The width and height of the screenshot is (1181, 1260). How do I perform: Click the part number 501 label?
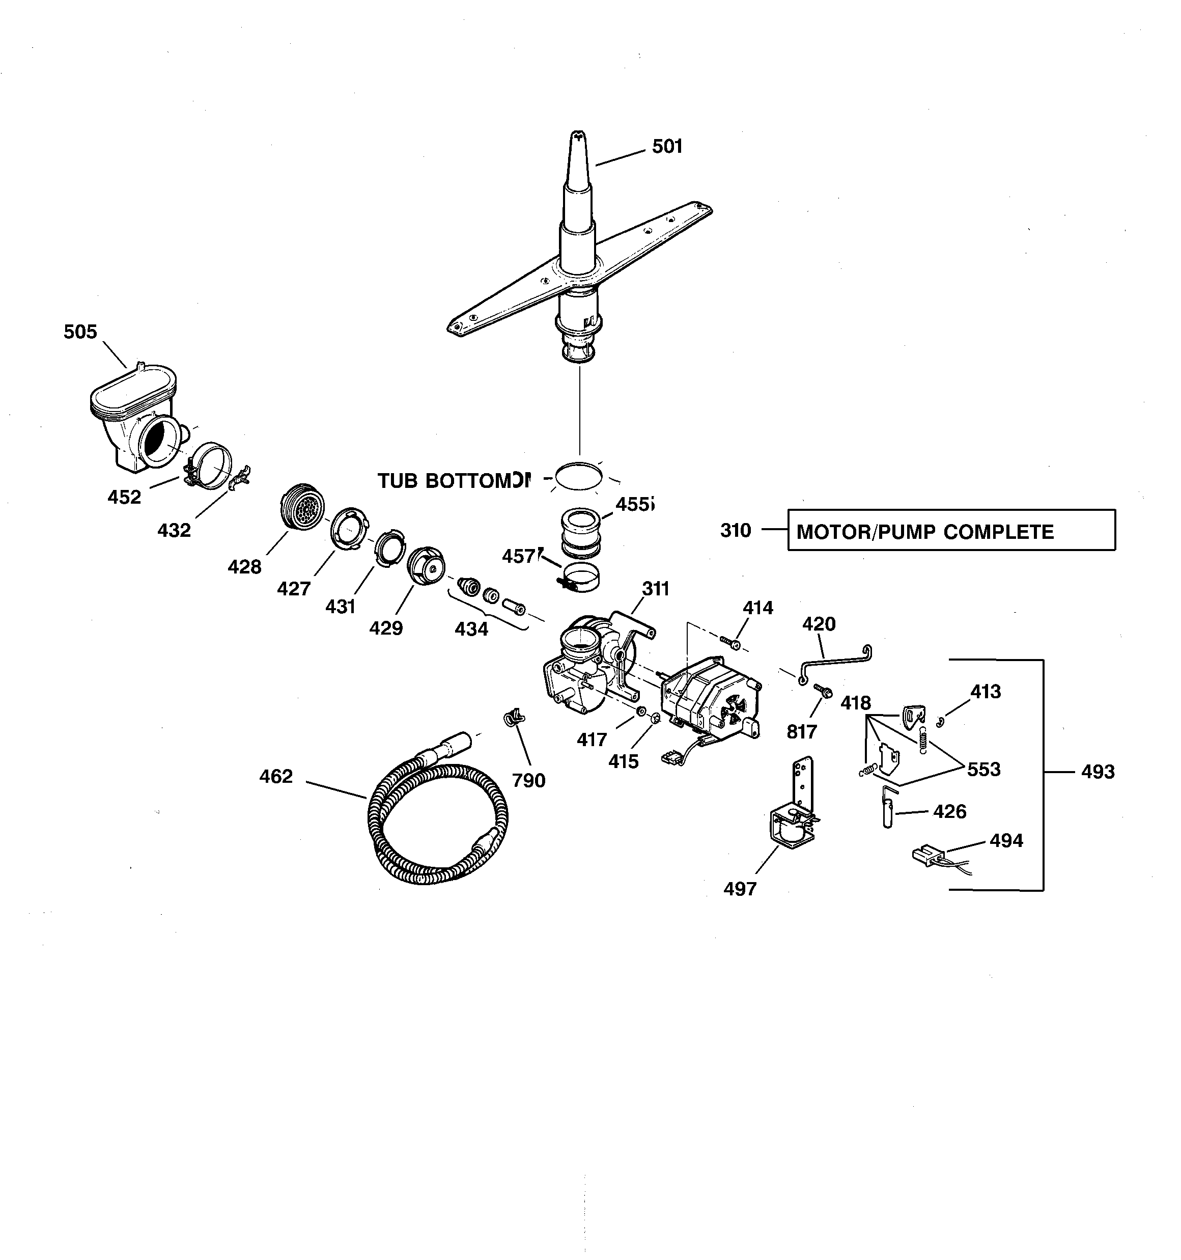click(667, 146)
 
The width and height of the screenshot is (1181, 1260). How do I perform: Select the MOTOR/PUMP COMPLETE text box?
click(951, 530)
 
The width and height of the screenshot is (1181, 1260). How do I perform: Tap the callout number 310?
click(735, 530)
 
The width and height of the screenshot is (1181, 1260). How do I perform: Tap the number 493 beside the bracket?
click(1098, 772)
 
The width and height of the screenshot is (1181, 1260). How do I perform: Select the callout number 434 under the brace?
click(471, 629)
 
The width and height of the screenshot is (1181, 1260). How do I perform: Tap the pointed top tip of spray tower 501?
click(578, 135)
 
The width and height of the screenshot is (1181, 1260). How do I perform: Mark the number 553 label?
click(983, 770)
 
